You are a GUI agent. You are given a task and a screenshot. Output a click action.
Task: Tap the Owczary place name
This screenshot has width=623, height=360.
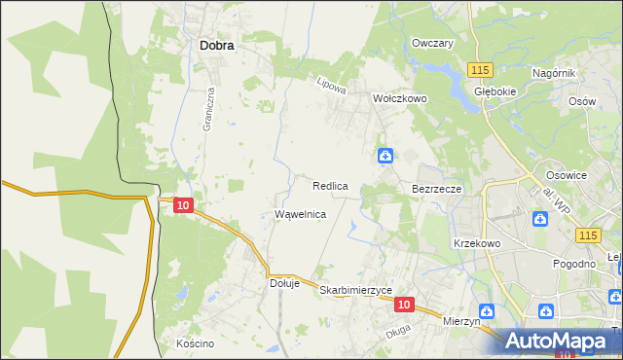[433, 44]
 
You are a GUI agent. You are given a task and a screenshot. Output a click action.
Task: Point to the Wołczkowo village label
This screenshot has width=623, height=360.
[401, 98]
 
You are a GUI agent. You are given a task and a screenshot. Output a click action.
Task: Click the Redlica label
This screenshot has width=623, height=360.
[331, 185]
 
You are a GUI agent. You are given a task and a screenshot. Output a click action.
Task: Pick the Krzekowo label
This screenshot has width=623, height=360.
[477, 243]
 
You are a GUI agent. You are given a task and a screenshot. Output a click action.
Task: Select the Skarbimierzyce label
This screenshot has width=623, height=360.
[355, 291]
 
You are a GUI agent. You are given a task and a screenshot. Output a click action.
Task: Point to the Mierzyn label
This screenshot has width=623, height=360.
[462, 320]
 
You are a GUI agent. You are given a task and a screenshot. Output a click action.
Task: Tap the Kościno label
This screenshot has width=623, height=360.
[195, 343]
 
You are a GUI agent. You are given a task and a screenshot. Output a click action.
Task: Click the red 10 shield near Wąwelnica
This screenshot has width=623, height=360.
[184, 204]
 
